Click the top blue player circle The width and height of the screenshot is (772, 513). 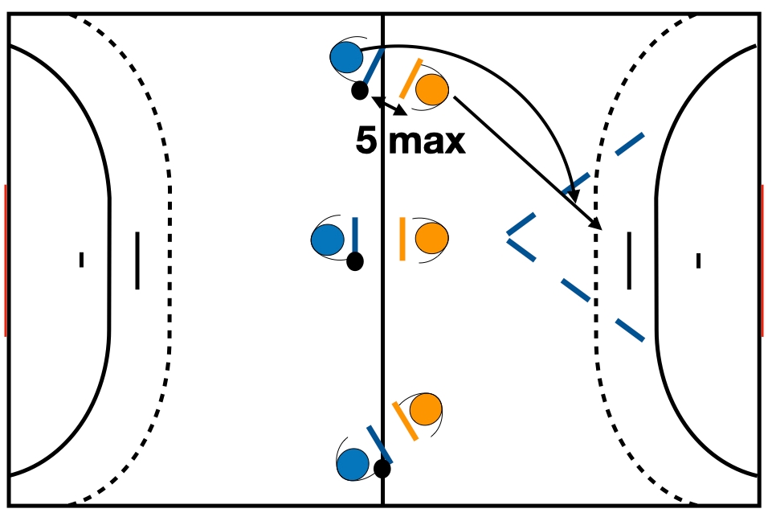point(346,57)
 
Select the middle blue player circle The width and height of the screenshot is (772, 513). point(327,240)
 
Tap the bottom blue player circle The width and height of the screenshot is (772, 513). point(352,464)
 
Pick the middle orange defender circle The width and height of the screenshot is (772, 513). point(432,238)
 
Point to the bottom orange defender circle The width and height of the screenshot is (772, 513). point(425,410)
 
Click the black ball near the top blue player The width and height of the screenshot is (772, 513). point(360,90)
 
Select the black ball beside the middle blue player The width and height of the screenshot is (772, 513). point(354,261)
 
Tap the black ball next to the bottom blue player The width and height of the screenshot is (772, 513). point(382,468)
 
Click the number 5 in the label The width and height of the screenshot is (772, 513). point(366,142)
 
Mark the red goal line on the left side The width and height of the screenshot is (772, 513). point(6,260)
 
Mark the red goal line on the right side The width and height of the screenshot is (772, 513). point(762,260)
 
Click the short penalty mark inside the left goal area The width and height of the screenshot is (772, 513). point(81,260)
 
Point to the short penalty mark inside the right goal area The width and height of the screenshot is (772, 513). point(698,260)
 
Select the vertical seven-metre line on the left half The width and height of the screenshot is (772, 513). point(137,260)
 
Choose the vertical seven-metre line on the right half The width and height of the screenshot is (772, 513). point(628,260)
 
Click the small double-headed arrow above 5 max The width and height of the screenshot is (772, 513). point(389,105)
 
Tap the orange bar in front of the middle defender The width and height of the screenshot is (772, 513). point(402,239)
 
